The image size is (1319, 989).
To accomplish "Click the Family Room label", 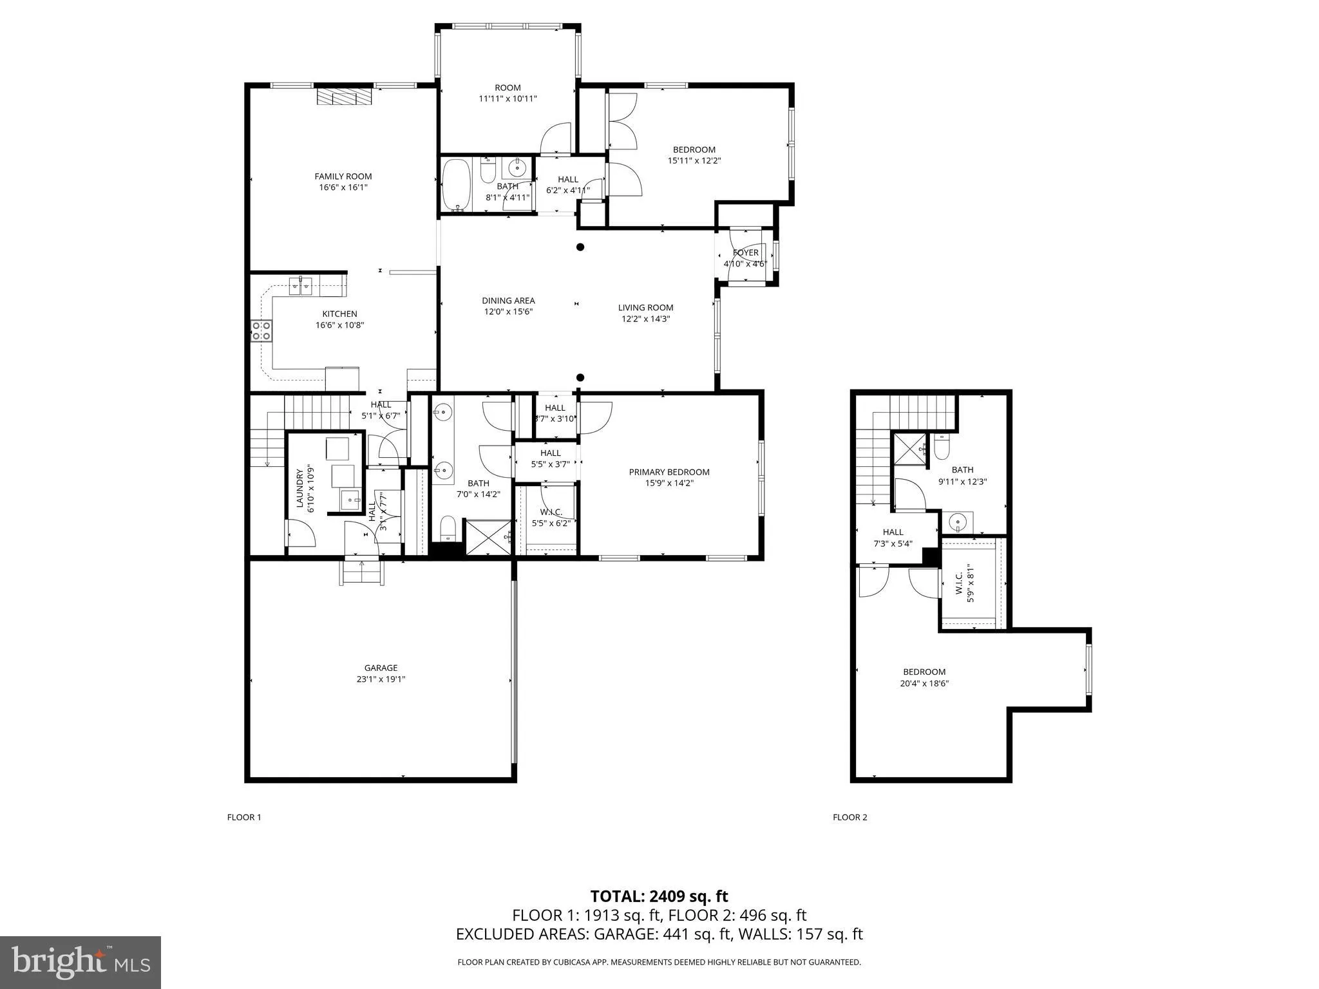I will click(343, 176).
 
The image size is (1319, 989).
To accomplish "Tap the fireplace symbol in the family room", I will click(345, 97).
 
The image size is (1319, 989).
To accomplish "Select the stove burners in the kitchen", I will click(261, 331).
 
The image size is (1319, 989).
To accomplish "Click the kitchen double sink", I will click(301, 285).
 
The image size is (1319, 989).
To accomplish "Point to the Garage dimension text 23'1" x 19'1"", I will click(381, 679).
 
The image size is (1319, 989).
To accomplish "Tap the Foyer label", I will click(746, 252).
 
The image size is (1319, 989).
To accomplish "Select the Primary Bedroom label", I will click(669, 472).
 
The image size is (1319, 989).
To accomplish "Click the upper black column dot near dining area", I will click(580, 247).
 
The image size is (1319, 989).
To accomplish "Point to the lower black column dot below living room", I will click(580, 378).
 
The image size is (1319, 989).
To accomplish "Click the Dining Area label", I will click(508, 301).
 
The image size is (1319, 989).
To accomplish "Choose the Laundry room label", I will click(299, 489).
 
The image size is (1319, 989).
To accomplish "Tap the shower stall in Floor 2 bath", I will click(909, 449).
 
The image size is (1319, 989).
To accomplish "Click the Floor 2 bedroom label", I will click(924, 672).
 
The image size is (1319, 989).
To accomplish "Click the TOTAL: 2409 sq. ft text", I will click(659, 896).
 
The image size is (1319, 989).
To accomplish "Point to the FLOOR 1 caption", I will click(244, 818).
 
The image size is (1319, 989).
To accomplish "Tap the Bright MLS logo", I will click(81, 962).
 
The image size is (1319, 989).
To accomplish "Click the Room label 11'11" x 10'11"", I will click(508, 88).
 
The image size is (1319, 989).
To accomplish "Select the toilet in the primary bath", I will click(448, 529).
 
